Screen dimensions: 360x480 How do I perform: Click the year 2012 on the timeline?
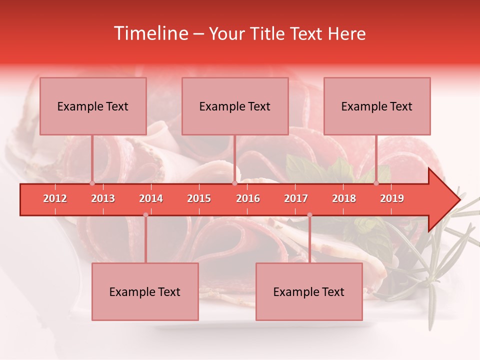(55, 198)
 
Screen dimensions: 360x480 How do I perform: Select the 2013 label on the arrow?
(103, 198)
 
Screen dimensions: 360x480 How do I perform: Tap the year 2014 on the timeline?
(151, 198)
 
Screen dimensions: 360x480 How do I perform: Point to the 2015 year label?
(199, 198)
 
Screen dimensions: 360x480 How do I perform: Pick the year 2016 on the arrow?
(248, 198)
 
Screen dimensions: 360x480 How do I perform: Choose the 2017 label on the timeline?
(296, 198)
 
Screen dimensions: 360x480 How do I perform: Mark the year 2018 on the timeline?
(344, 198)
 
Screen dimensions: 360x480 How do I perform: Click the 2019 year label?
(392, 198)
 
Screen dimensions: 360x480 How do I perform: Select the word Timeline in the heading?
(150, 33)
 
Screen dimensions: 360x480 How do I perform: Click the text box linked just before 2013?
(93, 106)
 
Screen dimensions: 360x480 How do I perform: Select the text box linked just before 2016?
(235, 106)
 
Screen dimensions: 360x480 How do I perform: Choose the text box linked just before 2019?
(377, 106)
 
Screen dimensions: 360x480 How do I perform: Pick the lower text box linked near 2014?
(145, 291)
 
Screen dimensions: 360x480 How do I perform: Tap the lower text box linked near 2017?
(309, 291)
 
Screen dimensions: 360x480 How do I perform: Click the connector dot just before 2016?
(235, 183)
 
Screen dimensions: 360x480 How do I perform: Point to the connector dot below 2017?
(309, 215)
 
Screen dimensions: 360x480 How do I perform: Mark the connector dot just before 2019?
(376, 183)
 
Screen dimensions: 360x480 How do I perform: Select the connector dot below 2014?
(145, 215)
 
